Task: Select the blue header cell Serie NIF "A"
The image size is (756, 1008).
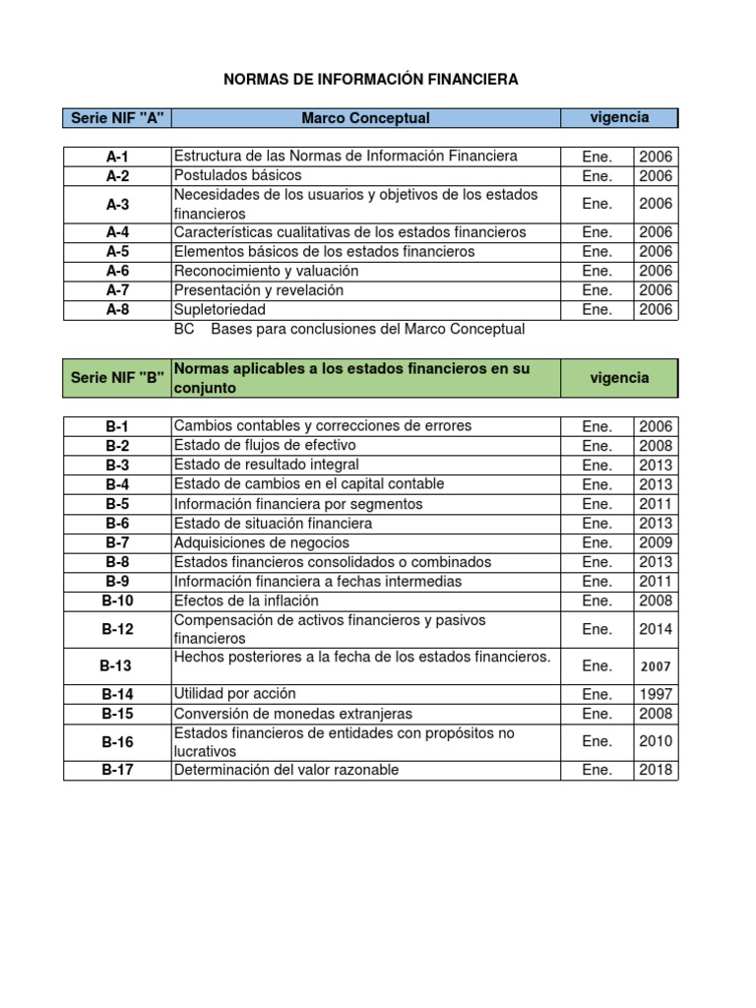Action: click(x=117, y=118)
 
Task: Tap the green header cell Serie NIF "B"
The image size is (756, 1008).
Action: click(x=117, y=378)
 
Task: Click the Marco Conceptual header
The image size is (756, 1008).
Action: click(x=365, y=118)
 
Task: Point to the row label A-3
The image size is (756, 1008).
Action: click(x=117, y=204)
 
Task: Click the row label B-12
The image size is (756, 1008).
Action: click(x=117, y=630)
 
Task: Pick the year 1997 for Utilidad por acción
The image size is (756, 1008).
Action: click(x=656, y=694)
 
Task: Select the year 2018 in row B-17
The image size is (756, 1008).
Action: click(x=656, y=770)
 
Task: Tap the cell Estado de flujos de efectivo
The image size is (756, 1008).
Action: click(x=265, y=445)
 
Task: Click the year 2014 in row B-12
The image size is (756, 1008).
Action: click(x=656, y=630)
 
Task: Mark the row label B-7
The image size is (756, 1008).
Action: click(x=117, y=542)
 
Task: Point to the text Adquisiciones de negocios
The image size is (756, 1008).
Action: click(x=261, y=542)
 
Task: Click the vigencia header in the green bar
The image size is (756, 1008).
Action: click(x=619, y=378)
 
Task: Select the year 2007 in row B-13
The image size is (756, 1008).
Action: click(x=656, y=666)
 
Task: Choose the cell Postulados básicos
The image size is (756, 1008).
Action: click(x=230, y=175)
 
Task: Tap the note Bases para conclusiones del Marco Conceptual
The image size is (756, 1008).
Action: click(x=367, y=329)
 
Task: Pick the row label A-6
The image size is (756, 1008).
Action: click(x=117, y=271)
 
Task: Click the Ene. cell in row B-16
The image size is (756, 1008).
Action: click(x=597, y=741)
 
